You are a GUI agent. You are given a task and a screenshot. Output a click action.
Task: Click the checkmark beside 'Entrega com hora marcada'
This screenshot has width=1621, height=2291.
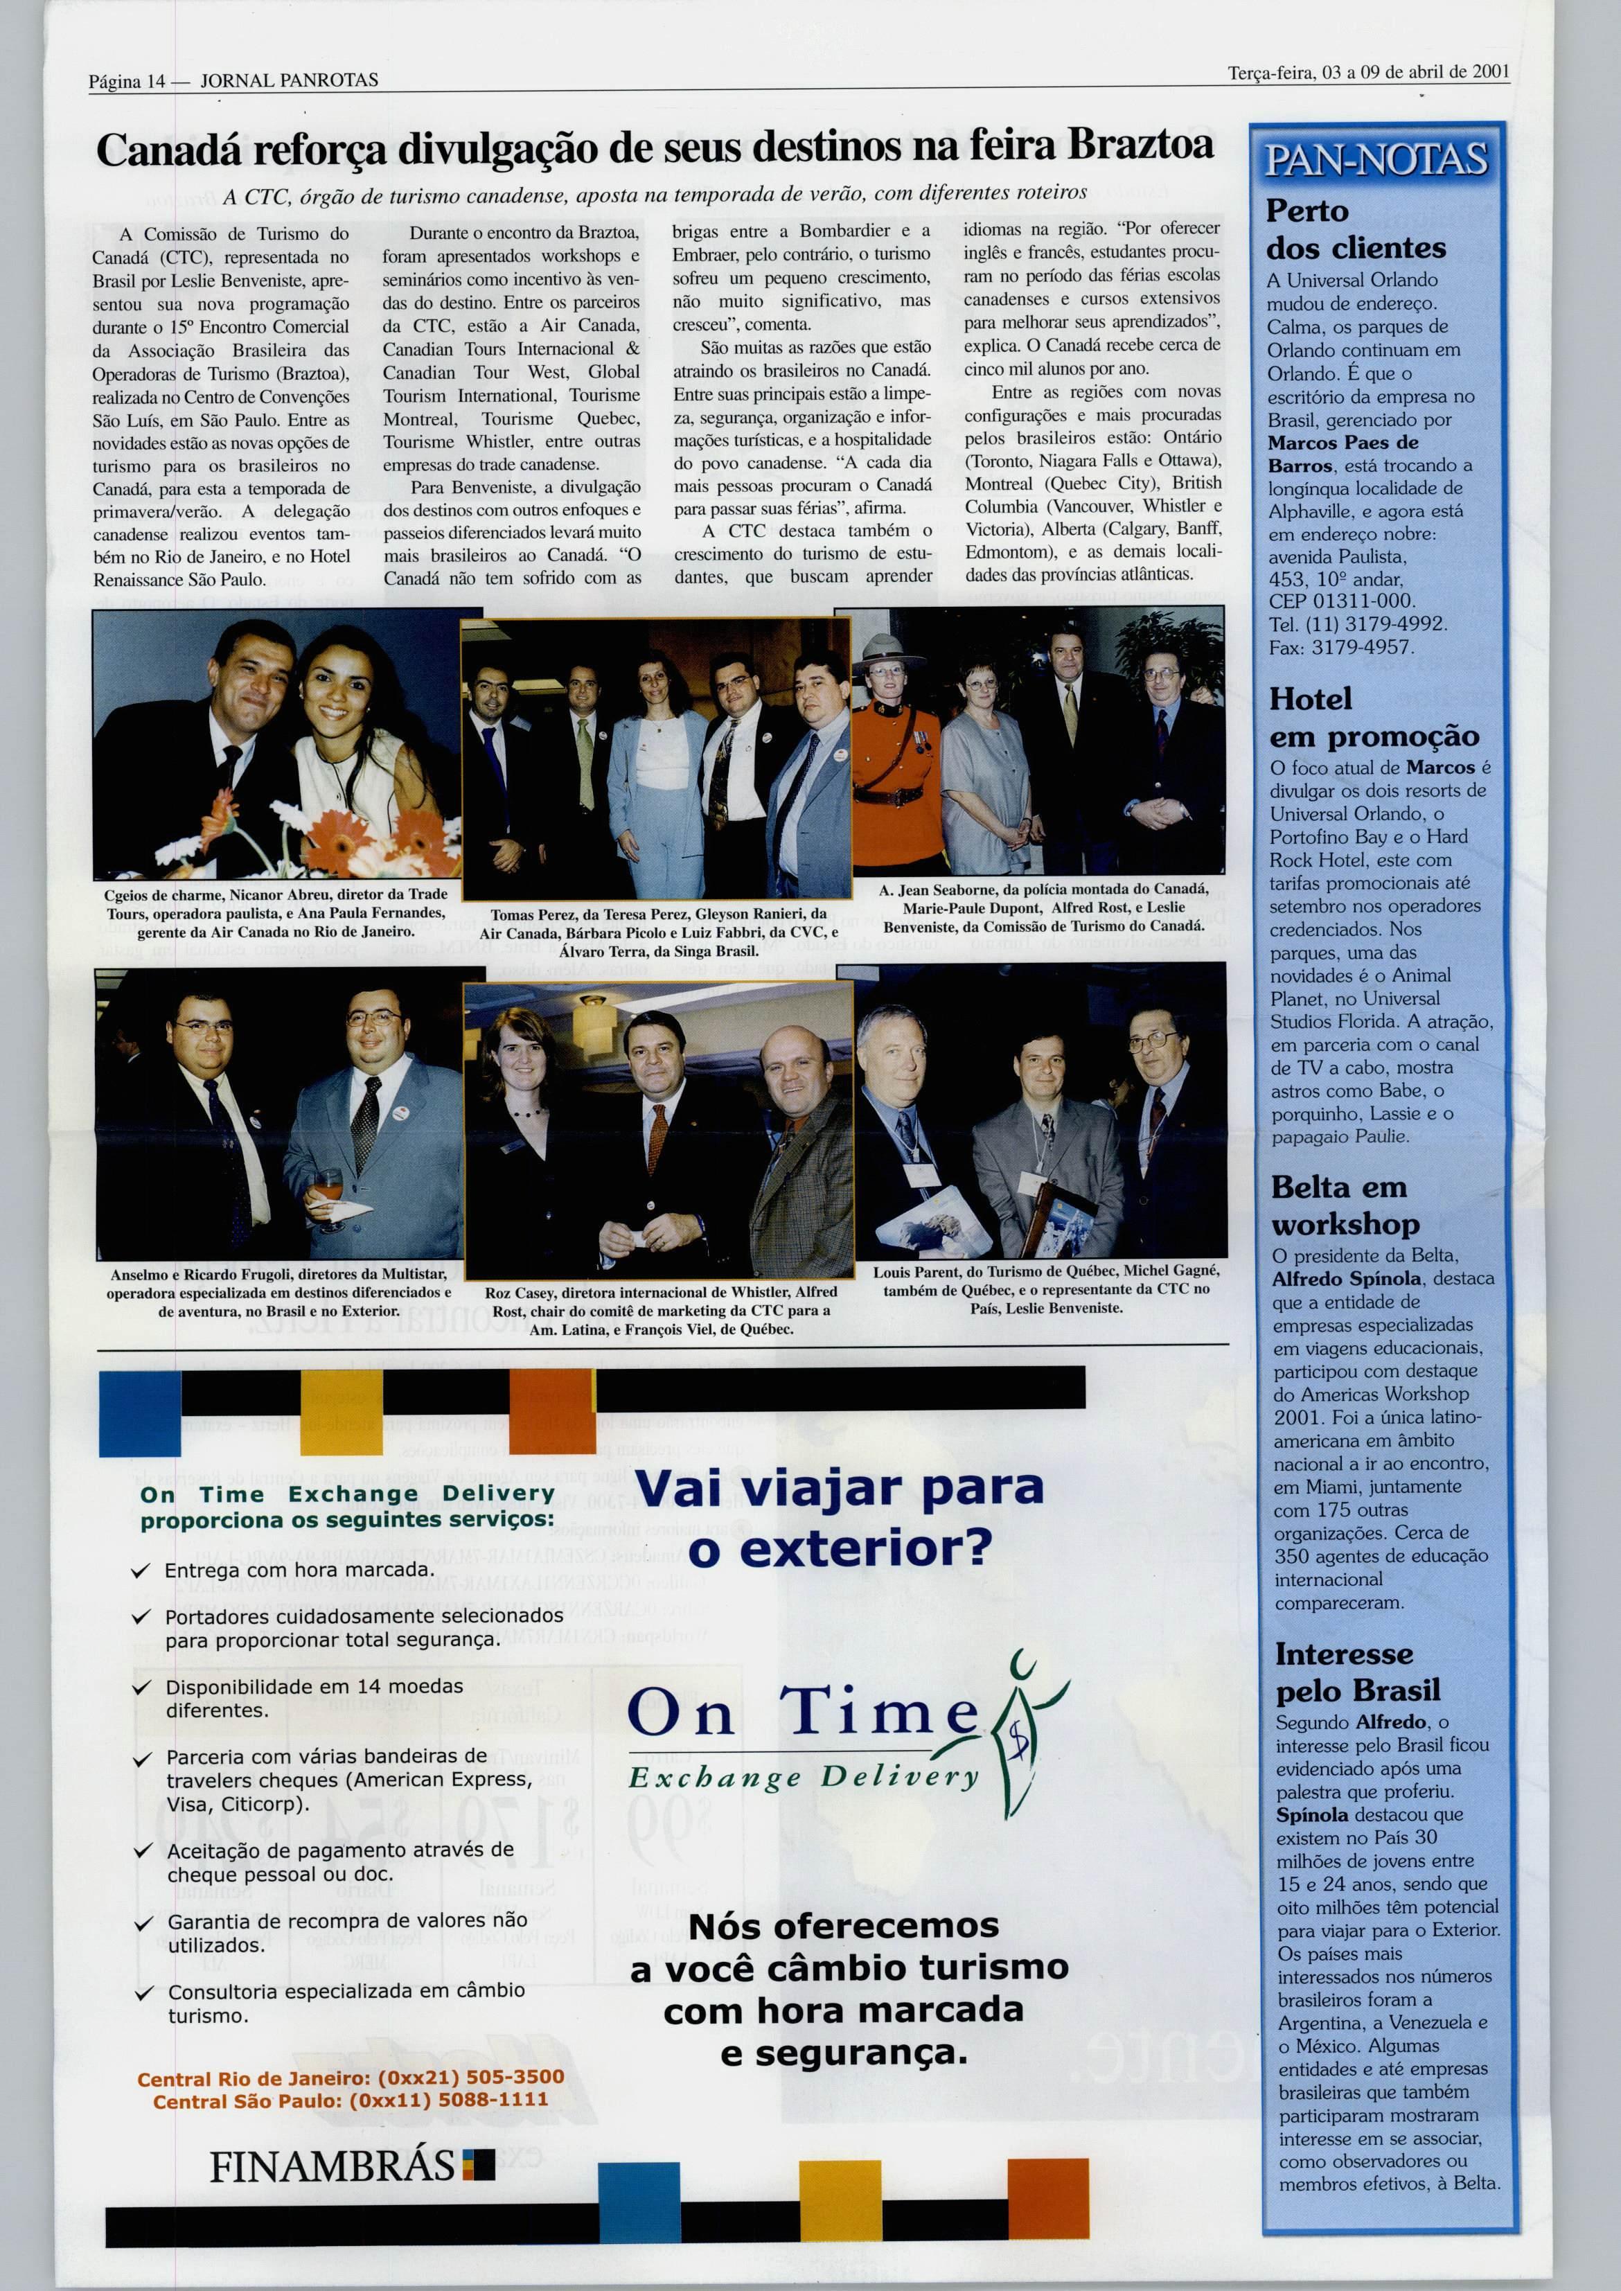[142, 1571]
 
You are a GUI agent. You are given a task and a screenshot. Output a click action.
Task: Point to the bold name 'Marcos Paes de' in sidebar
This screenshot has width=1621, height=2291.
[1343, 442]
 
